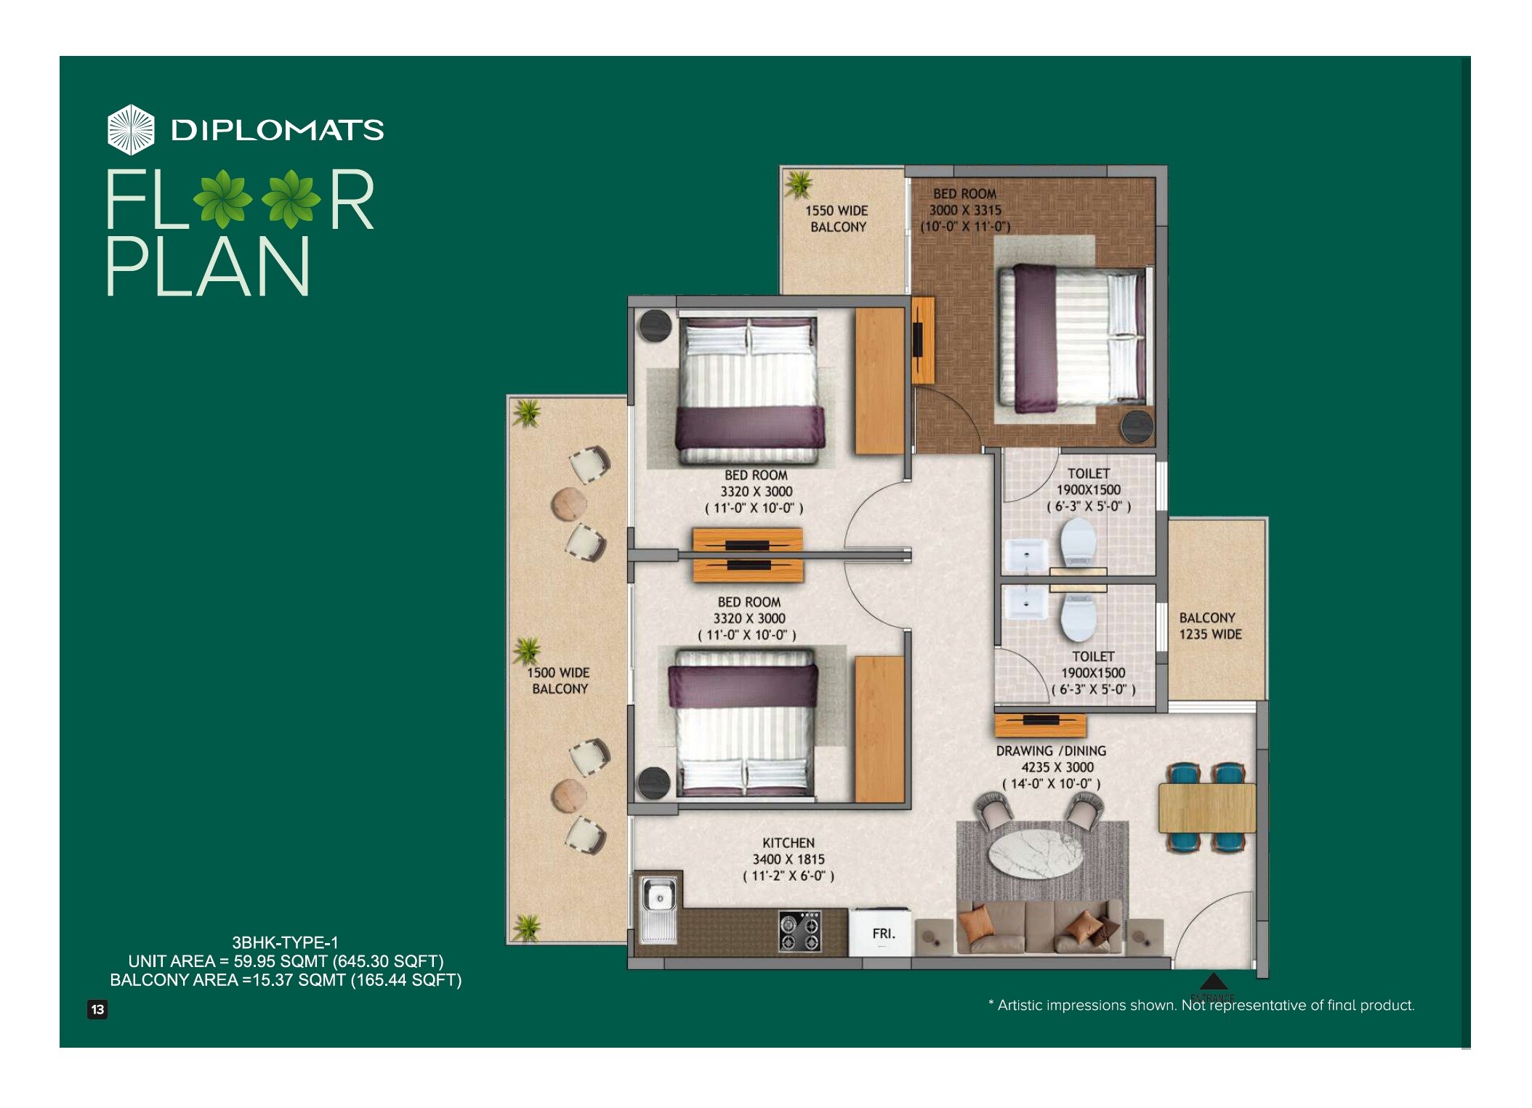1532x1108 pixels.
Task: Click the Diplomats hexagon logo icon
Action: (131, 129)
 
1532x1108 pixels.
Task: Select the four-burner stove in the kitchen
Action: (799, 932)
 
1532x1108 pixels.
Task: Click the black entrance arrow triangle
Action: (1212, 982)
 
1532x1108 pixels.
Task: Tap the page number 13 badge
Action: (97, 1009)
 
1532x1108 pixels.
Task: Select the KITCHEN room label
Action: (788, 843)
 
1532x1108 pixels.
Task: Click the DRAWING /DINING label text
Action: (1050, 751)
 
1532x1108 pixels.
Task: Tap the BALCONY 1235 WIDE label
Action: (1210, 626)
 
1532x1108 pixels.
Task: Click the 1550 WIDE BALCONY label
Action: (837, 219)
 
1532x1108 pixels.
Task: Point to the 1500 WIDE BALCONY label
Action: (559, 681)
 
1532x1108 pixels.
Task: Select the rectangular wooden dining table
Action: (1206, 807)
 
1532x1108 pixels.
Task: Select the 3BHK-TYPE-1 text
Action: (285, 943)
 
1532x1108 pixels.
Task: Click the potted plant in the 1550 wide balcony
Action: (799, 184)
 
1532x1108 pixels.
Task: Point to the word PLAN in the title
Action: (209, 267)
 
